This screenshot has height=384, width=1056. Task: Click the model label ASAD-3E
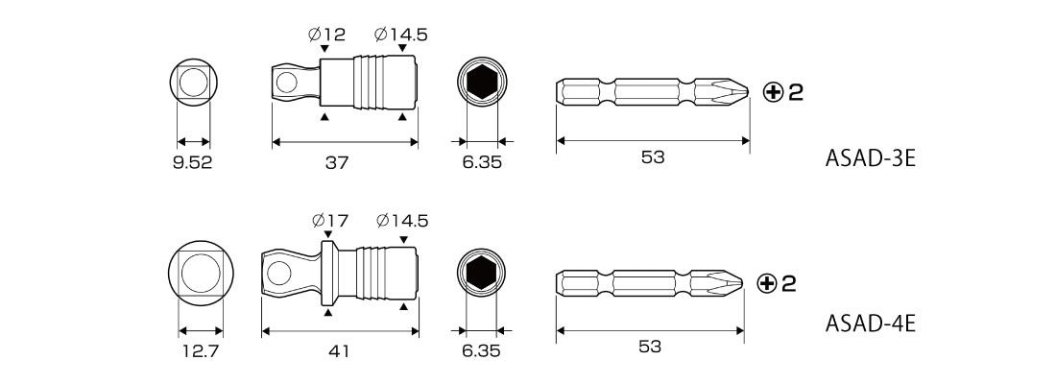(x=870, y=159)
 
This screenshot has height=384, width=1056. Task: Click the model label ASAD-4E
(x=870, y=324)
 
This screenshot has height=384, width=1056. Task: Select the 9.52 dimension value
(x=193, y=163)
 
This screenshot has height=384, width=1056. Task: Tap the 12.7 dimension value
(x=200, y=351)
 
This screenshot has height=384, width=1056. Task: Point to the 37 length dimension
(x=337, y=163)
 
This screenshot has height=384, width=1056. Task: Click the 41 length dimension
(x=340, y=351)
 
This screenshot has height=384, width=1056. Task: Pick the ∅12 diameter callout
(x=326, y=35)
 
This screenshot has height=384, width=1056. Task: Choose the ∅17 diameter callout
(x=329, y=220)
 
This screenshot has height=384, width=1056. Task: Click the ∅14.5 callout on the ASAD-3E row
(x=401, y=35)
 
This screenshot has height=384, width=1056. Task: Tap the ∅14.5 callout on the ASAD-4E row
(x=402, y=220)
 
